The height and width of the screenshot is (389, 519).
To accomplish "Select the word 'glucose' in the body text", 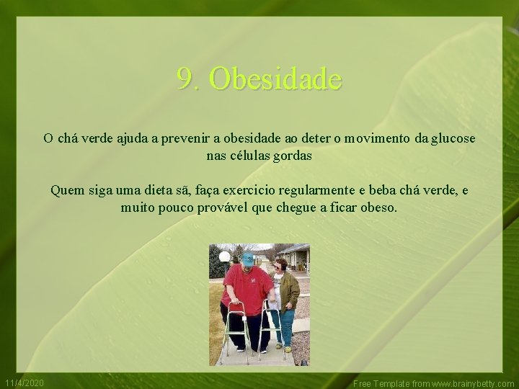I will pyautogui.click(x=453, y=138).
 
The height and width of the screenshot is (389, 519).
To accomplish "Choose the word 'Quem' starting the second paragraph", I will pyautogui.click(x=67, y=191).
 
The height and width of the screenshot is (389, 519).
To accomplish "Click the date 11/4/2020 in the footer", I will pyautogui.click(x=25, y=382).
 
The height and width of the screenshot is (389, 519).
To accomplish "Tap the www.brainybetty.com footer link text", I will pyautogui.click(x=473, y=384).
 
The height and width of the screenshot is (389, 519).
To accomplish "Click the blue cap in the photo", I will pyautogui.click(x=247, y=258).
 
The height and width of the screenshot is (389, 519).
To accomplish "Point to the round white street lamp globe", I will pyautogui.click(x=224, y=256).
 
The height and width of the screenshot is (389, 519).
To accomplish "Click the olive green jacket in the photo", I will pyautogui.click(x=288, y=290).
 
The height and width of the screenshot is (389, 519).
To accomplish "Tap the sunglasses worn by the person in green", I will pyautogui.click(x=279, y=267).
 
